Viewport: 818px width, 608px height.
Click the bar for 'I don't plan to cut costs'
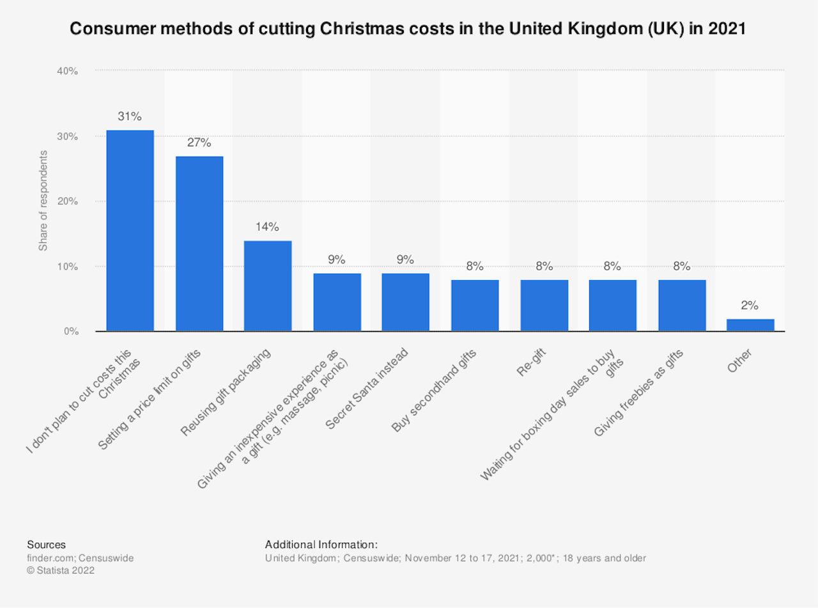click(x=130, y=231)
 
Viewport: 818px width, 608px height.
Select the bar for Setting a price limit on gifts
click(x=199, y=244)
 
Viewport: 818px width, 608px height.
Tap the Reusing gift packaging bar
click(x=268, y=286)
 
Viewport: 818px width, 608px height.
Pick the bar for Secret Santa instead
click(x=406, y=302)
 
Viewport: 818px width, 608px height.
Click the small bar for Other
click(x=750, y=325)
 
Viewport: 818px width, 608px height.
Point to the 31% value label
click(x=130, y=116)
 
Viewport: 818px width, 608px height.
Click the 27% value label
click(x=199, y=143)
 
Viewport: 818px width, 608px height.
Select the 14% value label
click(x=268, y=227)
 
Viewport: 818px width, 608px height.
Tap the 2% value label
click(x=750, y=306)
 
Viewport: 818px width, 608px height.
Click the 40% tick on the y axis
click(x=67, y=71)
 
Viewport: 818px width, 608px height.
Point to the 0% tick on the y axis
click(x=70, y=331)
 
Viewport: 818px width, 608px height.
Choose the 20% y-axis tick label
click(x=67, y=201)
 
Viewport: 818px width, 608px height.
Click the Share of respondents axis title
click(x=43, y=201)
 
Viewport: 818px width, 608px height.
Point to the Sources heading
click(x=46, y=545)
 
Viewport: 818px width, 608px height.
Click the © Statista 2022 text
click(x=61, y=571)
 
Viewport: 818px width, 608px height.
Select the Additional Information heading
click(x=321, y=545)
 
